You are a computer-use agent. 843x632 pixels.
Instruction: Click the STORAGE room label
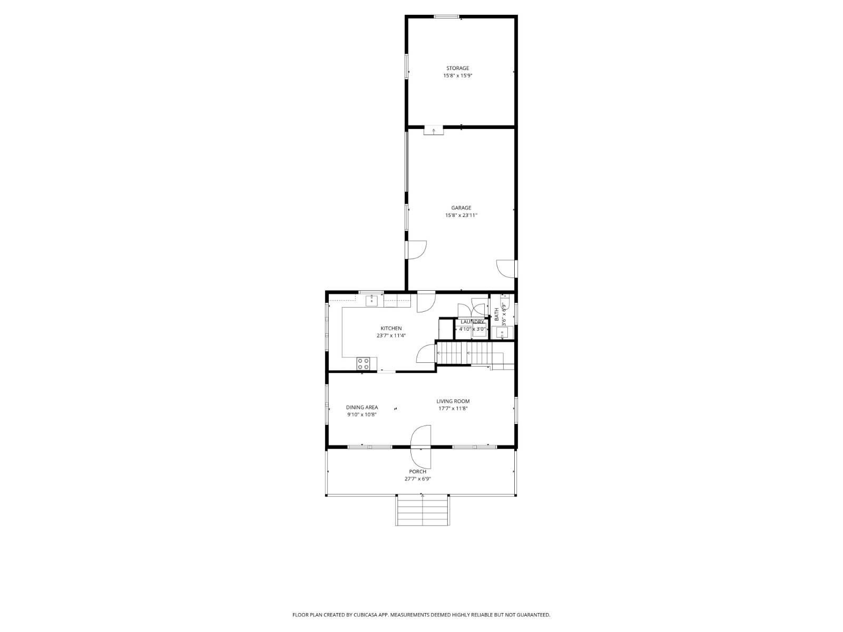(x=457, y=68)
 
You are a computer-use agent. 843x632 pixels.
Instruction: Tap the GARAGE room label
(x=461, y=208)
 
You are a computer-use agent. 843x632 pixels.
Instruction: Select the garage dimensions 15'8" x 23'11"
(x=461, y=215)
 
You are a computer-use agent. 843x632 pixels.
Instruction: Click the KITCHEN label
(x=391, y=328)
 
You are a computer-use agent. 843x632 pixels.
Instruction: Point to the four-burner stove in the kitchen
(x=364, y=363)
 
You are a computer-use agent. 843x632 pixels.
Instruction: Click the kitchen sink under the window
(x=372, y=301)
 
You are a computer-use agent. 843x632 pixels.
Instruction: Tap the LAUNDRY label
(x=472, y=322)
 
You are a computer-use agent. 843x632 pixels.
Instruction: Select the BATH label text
(x=497, y=314)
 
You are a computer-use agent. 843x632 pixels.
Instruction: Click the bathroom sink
(x=502, y=332)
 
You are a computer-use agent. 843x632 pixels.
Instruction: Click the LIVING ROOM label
(x=453, y=401)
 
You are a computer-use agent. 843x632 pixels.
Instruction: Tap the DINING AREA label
(x=361, y=407)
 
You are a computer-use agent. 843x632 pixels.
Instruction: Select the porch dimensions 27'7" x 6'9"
(x=417, y=479)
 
